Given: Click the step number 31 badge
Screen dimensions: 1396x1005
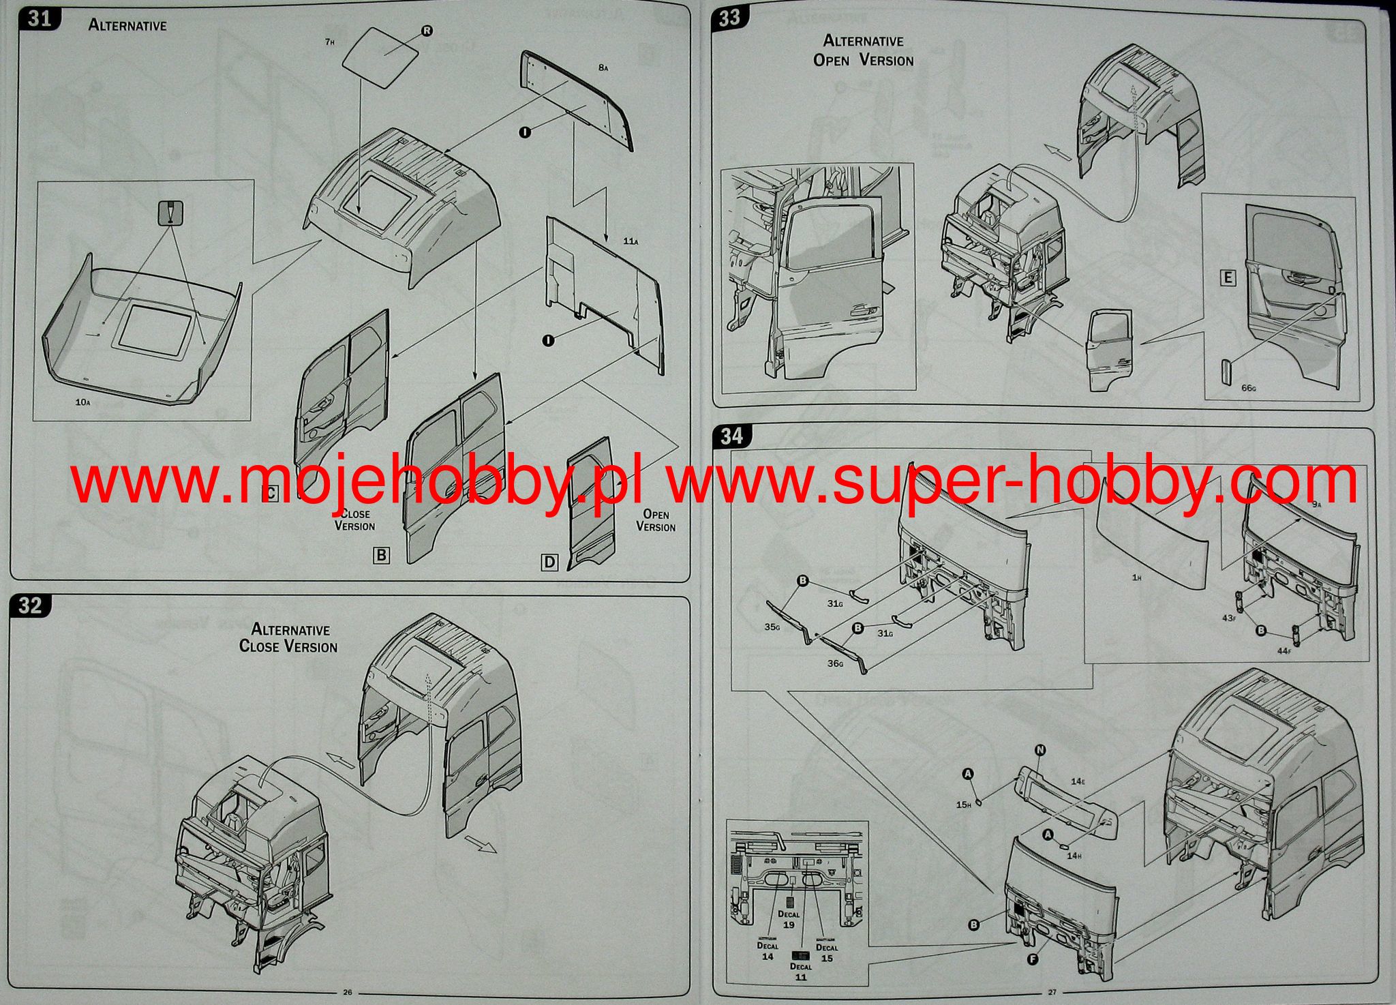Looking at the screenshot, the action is (40, 18).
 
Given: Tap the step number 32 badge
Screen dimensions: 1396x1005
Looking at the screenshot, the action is (31, 605).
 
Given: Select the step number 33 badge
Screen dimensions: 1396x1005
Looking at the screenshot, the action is (729, 18).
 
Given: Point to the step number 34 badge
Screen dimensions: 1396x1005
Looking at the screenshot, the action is (731, 436).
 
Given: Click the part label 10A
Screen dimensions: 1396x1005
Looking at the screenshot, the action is (82, 402).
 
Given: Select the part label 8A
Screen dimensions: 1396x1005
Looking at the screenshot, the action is (603, 67).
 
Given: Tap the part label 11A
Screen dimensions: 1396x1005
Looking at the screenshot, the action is (631, 241).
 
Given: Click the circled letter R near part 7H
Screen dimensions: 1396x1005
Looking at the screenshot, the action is (427, 31).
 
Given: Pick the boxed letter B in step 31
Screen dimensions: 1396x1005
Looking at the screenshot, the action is (382, 555).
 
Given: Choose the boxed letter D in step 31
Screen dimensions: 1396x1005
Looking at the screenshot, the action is (549, 562).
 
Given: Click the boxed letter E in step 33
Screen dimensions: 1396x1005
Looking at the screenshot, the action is (1228, 277).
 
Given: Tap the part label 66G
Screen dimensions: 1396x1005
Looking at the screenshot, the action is (1248, 388).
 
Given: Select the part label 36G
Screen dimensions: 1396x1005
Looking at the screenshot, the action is (836, 663).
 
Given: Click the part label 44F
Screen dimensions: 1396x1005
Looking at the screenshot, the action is (1284, 651).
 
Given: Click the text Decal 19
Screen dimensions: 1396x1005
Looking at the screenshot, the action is (789, 919).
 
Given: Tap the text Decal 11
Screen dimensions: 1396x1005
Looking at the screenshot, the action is (801, 972).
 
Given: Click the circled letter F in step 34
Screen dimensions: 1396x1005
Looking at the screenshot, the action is (1033, 958).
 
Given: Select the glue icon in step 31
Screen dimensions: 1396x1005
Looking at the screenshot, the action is (171, 214).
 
